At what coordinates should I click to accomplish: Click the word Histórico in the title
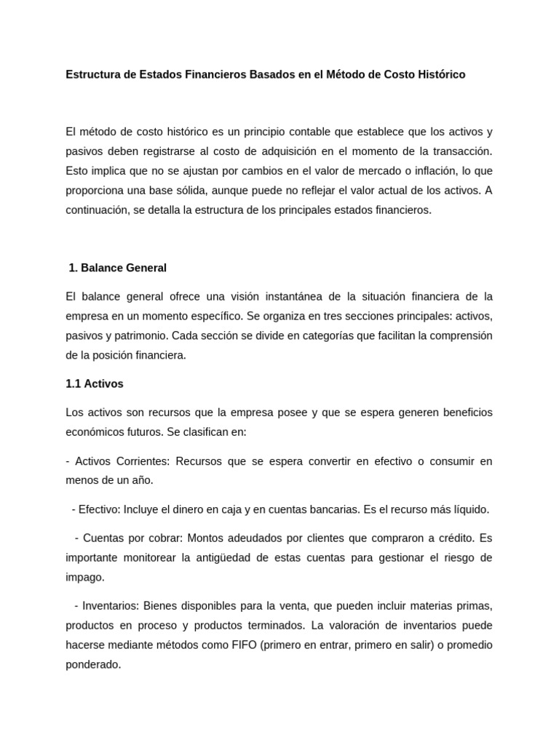pyautogui.click(x=440, y=75)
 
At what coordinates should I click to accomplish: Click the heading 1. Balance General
pyautogui.click(x=117, y=268)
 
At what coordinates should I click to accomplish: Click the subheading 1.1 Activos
pyautogui.click(x=95, y=383)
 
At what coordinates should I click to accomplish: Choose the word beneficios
pyautogui.click(x=462, y=413)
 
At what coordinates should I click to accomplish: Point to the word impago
pyautogui.click(x=85, y=577)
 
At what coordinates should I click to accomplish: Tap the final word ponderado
pyautogui.click(x=93, y=664)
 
